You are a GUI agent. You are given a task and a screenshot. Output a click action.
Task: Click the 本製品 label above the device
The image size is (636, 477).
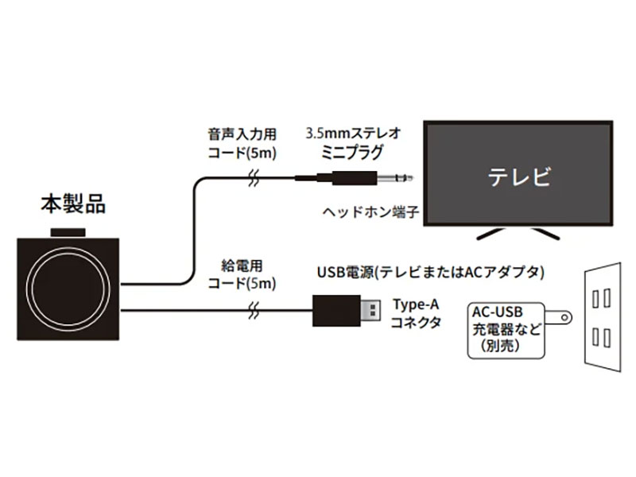click(73, 204)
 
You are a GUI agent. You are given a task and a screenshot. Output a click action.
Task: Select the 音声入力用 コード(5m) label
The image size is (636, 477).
click(239, 142)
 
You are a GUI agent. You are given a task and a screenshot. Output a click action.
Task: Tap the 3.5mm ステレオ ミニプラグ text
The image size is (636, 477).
click(355, 142)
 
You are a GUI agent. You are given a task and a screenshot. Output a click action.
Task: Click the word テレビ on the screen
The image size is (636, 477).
click(518, 176)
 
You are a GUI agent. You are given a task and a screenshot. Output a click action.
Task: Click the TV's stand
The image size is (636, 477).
click(518, 231)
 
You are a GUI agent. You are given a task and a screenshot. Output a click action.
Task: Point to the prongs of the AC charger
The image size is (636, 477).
click(563, 318)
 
